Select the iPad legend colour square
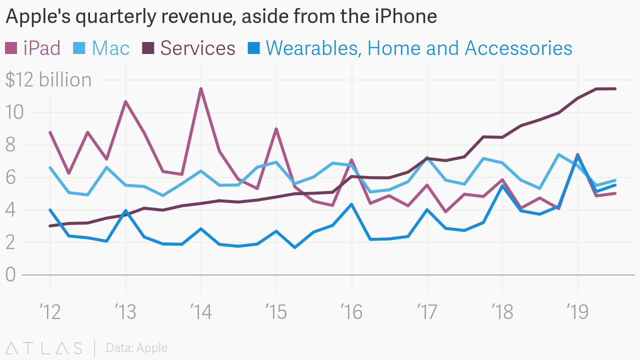click(11, 48)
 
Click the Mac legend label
click(110, 48)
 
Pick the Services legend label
click(197, 48)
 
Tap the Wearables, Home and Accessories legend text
click(419, 48)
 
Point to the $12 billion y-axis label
click(48, 80)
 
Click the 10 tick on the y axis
click(14, 112)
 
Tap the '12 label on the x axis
click(50, 312)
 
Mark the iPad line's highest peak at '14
click(200, 88)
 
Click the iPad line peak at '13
click(125, 101)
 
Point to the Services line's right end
click(615, 88)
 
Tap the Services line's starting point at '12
click(50, 226)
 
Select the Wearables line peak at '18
click(502, 185)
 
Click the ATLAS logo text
click(44, 348)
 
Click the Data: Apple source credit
click(136, 348)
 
